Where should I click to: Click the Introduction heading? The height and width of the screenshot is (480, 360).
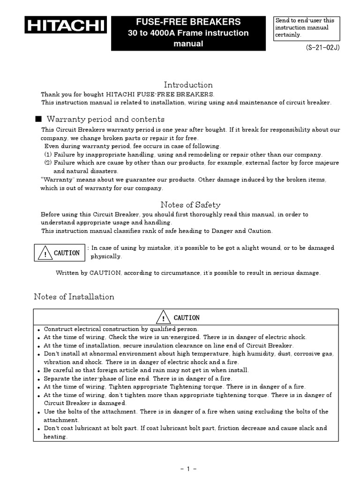click(188, 85)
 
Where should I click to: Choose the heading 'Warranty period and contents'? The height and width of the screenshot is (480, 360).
click(105, 119)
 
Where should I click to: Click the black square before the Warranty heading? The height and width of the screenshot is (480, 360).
click(38, 119)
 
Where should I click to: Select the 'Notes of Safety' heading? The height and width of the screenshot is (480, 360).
click(190, 204)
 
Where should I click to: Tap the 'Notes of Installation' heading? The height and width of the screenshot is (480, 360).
click(74, 297)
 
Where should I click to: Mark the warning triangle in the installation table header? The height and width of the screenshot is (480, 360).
click(163, 318)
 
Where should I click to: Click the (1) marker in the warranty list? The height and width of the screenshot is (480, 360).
click(48, 155)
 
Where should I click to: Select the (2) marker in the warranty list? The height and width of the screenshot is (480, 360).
click(48, 163)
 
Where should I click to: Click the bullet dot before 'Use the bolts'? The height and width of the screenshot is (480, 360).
click(39, 412)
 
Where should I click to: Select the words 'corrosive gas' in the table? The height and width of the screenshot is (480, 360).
click(314, 354)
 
